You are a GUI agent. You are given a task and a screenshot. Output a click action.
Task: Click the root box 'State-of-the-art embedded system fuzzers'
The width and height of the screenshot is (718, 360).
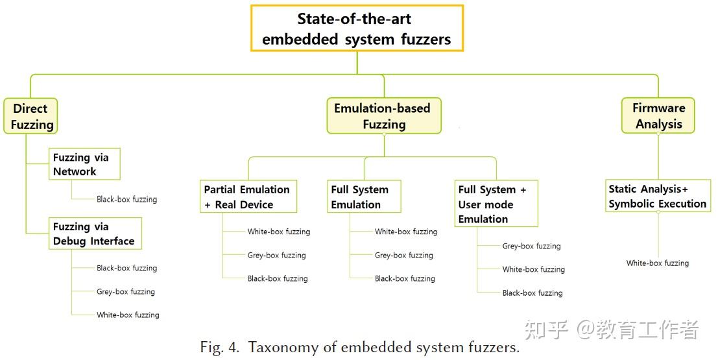click(x=357, y=29)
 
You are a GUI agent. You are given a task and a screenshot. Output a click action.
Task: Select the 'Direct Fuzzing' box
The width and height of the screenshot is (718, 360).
click(x=31, y=116)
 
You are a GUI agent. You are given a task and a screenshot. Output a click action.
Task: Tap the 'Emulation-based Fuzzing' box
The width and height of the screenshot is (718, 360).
click(x=383, y=116)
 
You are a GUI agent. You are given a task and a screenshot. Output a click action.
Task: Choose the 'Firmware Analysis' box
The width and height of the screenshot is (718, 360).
click(x=658, y=116)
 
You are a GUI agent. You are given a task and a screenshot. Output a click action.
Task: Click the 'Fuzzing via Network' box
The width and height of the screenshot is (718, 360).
click(x=84, y=164)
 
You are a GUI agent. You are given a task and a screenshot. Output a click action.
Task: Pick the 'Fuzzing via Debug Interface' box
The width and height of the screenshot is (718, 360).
click(x=95, y=234)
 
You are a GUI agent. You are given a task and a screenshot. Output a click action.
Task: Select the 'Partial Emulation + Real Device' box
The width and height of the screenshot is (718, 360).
click(x=247, y=197)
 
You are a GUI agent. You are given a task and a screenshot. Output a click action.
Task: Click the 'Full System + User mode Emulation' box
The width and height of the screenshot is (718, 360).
click(x=496, y=204)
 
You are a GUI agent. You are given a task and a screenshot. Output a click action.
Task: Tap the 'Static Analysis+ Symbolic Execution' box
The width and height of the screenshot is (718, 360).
click(x=657, y=196)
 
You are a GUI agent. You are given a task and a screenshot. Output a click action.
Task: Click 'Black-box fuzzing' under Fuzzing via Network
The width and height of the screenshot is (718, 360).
click(x=126, y=199)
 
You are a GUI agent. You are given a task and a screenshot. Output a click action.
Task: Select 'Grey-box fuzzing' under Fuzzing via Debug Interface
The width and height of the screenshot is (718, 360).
click(x=126, y=291)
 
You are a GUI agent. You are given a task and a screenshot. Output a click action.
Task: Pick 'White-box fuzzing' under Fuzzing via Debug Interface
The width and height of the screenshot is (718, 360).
click(x=128, y=315)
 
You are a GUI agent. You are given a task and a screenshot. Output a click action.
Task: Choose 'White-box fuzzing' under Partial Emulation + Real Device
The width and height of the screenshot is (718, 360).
click(x=279, y=232)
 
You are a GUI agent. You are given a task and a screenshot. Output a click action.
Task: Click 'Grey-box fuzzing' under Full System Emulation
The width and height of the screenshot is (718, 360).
click(x=404, y=255)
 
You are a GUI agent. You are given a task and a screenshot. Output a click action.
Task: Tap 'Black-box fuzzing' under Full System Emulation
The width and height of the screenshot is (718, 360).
click(x=405, y=278)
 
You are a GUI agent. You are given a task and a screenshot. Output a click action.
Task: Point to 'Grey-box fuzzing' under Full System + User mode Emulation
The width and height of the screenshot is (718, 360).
click(x=531, y=246)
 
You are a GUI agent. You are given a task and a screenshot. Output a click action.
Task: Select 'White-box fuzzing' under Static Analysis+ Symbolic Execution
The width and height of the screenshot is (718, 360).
click(x=658, y=263)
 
